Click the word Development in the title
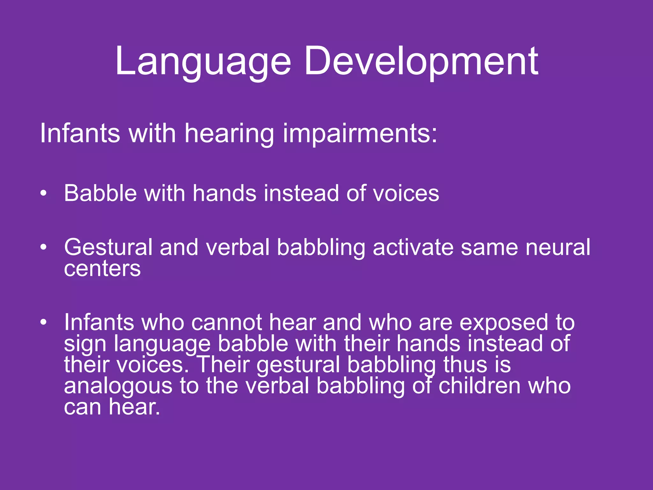(421, 61)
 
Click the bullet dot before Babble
(44, 193)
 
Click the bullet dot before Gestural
(44, 247)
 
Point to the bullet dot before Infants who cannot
(44, 322)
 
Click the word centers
(102, 269)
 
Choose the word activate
(413, 247)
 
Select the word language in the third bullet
(162, 344)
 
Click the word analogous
(118, 386)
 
